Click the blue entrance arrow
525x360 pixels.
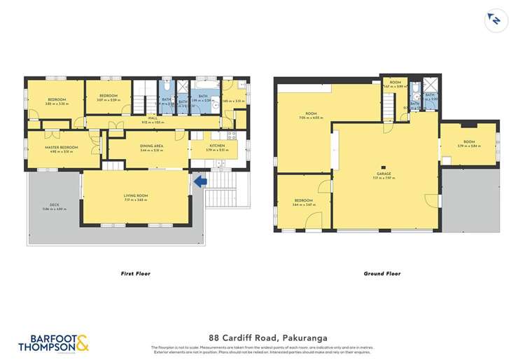coord(199,182)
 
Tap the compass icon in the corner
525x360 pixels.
coord(495,20)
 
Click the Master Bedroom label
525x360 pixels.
coord(61,147)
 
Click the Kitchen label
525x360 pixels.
coord(213,146)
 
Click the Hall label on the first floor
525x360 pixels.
coord(151,118)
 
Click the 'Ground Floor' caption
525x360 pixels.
coord(381,274)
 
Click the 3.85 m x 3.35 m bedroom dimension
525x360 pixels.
coord(57,103)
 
